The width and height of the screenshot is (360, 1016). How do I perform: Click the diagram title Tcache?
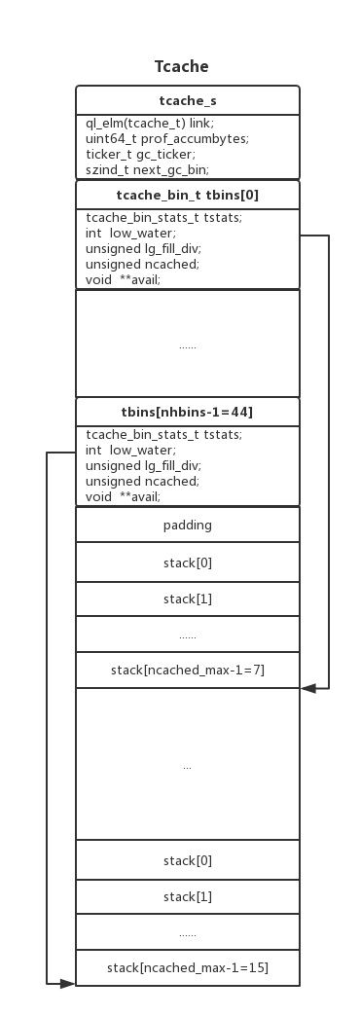tap(181, 66)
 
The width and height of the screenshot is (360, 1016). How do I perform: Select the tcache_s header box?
tap(187, 100)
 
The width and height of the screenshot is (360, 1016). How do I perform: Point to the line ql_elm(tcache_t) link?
tap(149, 123)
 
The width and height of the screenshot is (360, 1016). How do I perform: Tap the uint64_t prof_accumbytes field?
tap(166, 138)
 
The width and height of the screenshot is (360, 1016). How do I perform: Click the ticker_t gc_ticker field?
tap(140, 154)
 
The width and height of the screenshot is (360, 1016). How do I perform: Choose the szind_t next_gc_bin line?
tap(146, 169)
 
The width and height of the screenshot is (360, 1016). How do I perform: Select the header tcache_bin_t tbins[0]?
tap(187, 195)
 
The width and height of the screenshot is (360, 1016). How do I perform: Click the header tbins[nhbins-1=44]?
tap(187, 412)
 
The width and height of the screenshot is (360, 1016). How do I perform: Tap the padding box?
tap(187, 525)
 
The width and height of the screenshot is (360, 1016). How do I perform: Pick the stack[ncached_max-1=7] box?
tap(187, 670)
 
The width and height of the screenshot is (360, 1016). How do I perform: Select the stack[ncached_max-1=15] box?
tap(187, 967)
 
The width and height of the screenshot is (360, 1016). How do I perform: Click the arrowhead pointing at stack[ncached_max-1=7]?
tap(307, 688)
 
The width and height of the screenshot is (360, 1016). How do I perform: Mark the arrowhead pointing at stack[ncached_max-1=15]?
tap(67, 984)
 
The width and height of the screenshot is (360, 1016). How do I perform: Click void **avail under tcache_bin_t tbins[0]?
tap(123, 279)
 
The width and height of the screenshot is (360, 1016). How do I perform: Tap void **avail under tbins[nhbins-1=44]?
tap(123, 496)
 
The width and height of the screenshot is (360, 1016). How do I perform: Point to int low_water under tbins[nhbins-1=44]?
tap(130, 450)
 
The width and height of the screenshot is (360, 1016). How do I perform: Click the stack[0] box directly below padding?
tap(187, 562)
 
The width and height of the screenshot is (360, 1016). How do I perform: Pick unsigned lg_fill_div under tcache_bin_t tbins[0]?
tap(142, 248)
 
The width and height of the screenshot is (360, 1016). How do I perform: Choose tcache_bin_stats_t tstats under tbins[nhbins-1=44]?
tap(163, 434)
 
